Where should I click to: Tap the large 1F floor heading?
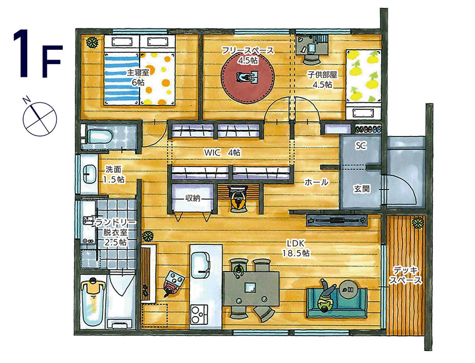(37, 53)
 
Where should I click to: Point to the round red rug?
(248, 78)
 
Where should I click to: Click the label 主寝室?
(138, 72)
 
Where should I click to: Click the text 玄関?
(362, 189)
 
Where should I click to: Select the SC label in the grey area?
(360, 146)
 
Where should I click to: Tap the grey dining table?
(251, 288)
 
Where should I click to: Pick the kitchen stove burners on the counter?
(199, 315)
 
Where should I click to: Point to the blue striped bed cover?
(122, 78)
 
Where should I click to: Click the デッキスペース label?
(406, 276)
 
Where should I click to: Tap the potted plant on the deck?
(418, 223)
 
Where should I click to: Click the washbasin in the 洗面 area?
(90, 174)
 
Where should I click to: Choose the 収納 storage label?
(192, 198)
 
